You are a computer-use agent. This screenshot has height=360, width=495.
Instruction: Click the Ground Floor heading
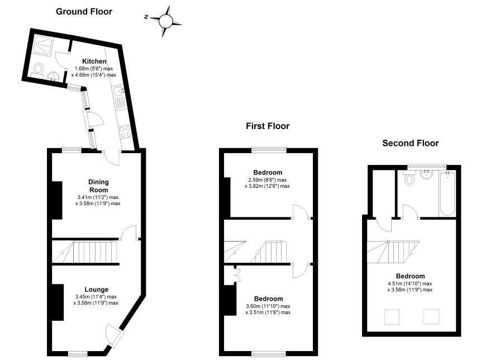tap(84, 12)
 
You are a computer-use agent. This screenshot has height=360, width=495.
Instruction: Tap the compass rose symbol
tap(165, 21)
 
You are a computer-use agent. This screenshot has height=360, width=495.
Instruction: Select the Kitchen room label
tap(94, 61)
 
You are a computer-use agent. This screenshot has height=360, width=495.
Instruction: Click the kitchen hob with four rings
tap(125, 132)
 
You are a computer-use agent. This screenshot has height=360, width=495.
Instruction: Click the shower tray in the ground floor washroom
tap(43, 45)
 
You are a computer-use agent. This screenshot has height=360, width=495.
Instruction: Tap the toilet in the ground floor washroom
tap(38, 69)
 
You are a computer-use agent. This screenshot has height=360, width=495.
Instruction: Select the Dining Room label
tap(98, 186)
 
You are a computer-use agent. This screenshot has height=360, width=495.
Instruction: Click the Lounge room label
tap(96, 290)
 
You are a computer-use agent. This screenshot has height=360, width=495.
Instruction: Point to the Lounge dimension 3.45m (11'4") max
tap(96, 297)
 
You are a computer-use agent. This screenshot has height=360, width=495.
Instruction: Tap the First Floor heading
tap(268, 126)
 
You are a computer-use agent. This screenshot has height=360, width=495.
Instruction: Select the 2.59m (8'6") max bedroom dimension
tap(268, 180)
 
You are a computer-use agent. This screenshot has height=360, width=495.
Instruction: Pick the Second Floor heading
tap(411, 143)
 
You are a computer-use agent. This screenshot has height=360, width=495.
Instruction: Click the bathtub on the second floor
tap(447, 194)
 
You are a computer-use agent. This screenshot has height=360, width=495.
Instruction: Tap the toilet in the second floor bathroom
tap(410, 178)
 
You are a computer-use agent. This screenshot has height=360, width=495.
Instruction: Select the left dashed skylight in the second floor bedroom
tap(392, 317)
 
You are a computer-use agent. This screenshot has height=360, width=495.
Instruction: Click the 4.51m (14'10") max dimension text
tap(410, 283)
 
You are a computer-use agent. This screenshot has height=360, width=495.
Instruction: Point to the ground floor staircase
tap(86, 252)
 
